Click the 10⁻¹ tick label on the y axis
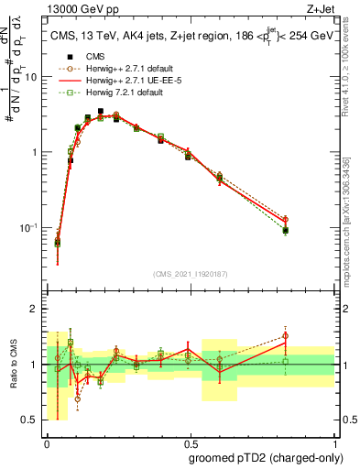[30, 227]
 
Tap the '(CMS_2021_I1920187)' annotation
[190, 272]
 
